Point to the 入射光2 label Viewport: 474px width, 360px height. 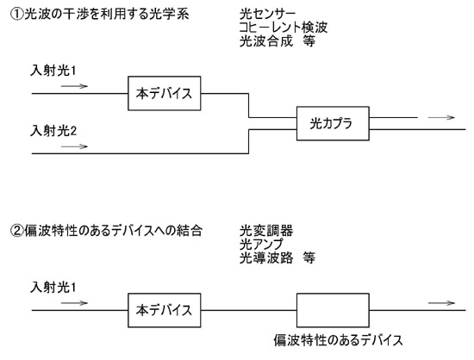point(53,131)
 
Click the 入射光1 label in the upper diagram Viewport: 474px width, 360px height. point(53,71)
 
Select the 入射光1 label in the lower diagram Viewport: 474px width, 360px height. point(53,287)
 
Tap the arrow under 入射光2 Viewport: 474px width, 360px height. point(74,146)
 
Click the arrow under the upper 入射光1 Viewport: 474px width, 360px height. point(74,86)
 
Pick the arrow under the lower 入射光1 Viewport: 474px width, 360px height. point(74,303)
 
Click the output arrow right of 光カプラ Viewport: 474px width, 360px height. point(441,117)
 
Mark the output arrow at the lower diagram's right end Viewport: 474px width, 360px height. point(441,303)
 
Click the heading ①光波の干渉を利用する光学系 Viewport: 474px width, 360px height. point(100,14)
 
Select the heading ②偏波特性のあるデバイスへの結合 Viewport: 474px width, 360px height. point(106,231)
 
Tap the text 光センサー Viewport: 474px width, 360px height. point(267,14)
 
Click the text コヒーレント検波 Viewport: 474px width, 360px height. point(284,28)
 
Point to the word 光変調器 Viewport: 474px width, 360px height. point(266,231)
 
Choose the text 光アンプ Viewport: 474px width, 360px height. point(262,244)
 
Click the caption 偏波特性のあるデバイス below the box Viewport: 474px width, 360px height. point(339,340)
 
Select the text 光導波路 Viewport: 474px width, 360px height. point(266,258)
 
